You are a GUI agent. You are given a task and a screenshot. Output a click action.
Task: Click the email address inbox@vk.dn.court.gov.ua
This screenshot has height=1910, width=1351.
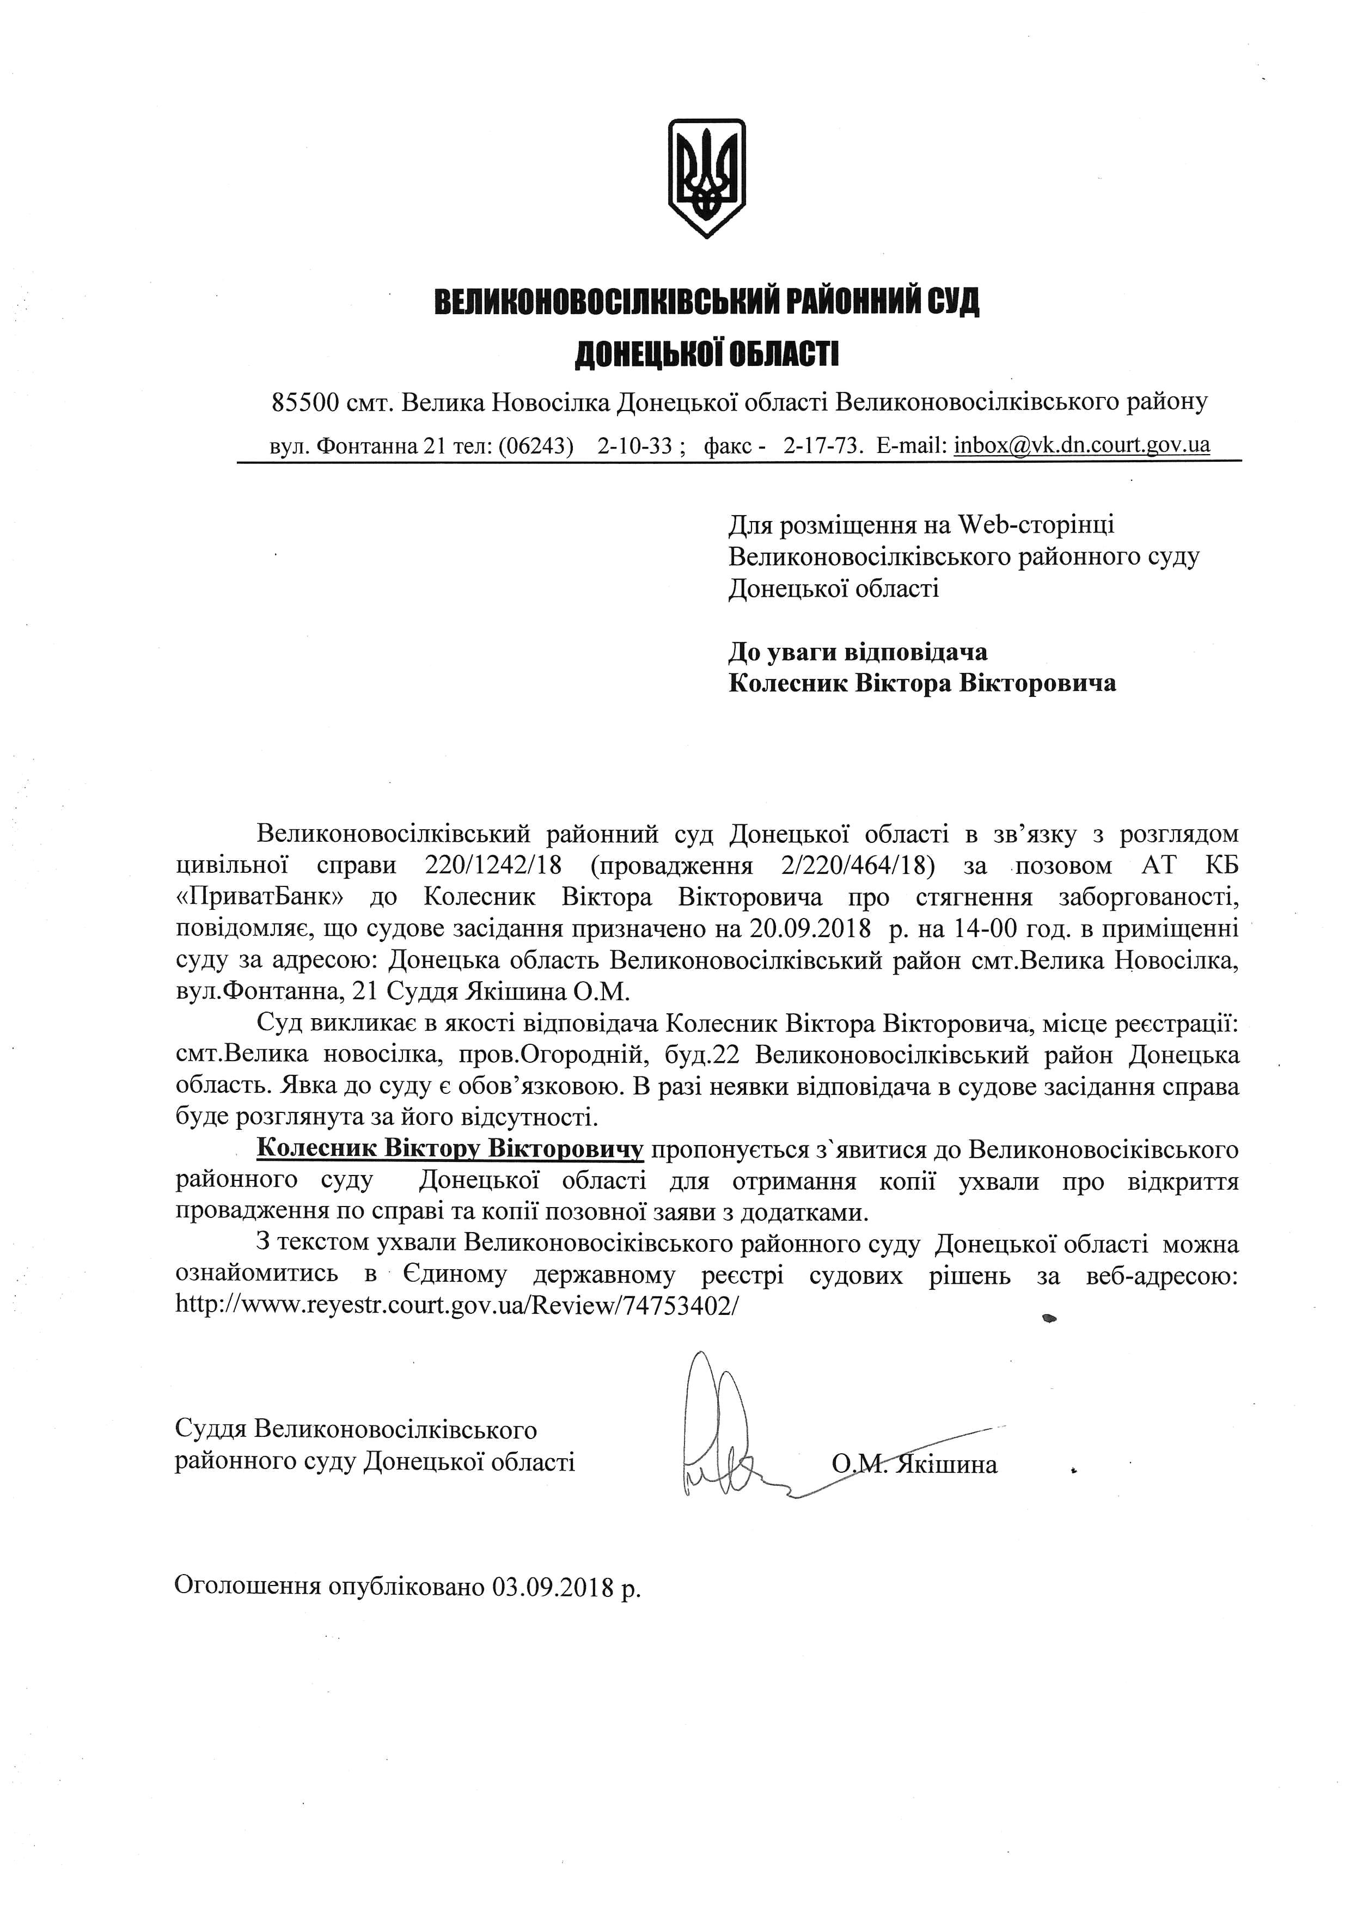point(1081,445)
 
